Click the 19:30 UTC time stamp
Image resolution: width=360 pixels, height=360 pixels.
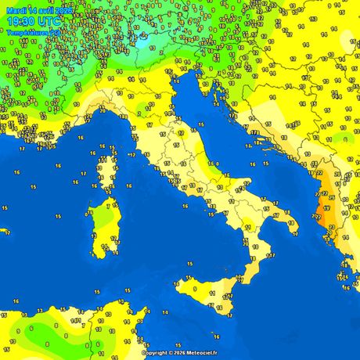coord(34,22)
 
